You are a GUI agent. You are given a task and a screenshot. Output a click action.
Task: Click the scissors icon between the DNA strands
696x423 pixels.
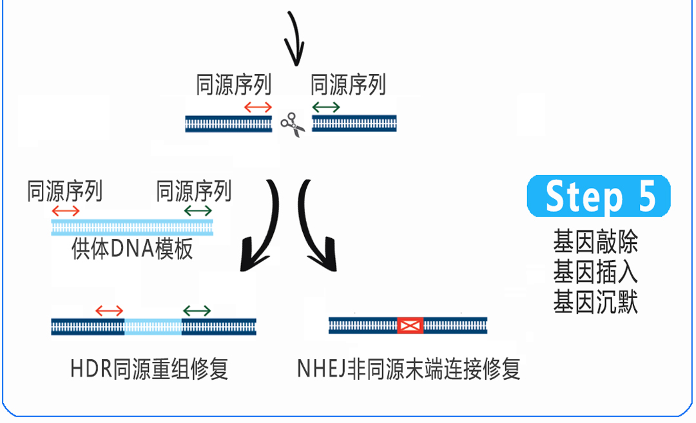pyautogui.click(x=293, y=125)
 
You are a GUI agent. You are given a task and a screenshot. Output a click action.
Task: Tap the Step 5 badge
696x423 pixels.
pyautogui.click(x=598, y=196)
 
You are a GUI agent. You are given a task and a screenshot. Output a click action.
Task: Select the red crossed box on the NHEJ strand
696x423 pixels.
pyautogui.click(x=410, y=326)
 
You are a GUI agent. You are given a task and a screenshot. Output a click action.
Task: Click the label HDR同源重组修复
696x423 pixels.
pyautogui.click(x=149, y=369)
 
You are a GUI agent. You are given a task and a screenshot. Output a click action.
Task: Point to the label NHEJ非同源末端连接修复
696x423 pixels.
pyautogui.click(x=409, y=369)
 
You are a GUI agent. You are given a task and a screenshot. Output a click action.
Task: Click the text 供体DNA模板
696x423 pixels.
pyautogui.click(x=132, y=249)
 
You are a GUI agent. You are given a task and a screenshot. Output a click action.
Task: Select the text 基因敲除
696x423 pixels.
pyautogui.click(x=595, y=241)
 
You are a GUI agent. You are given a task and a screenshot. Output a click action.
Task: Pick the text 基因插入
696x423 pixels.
pyautogui.click(x=595, y=272)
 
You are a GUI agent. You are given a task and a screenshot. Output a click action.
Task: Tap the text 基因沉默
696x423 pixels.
pyautogui.click(x=595, y=302)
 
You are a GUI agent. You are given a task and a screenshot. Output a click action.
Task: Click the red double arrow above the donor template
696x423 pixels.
pyautogui.click(x=66, y=211)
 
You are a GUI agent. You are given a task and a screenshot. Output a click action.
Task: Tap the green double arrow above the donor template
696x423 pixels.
pyautogui.click(x=198, y=211)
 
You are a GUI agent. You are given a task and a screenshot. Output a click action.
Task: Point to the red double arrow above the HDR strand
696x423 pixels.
pyautogui.click(x=109, y=311)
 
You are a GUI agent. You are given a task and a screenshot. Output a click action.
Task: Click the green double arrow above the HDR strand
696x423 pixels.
pyautogui.click(x=197, y=311)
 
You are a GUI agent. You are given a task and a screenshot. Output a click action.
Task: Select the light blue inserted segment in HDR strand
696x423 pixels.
pyautogui.click(x=153, y=327)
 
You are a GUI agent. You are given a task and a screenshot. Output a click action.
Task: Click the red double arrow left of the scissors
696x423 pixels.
pyautogui.click(x=258, y=107)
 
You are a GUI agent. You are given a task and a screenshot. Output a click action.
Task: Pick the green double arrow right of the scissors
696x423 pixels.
pyautogui.click(x=326, y=107)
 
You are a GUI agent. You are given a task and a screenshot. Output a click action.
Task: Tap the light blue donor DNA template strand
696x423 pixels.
pyautogui.click(x=132, y=227)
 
